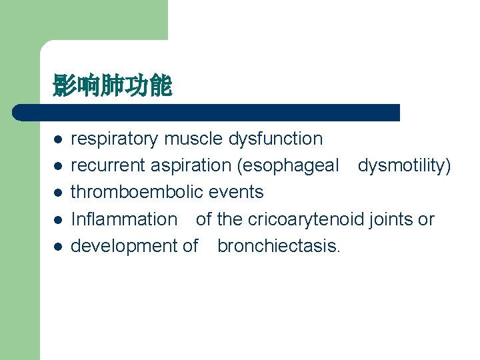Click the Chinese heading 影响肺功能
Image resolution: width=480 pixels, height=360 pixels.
[x=113, y=85]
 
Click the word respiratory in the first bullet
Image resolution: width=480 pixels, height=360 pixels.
[x=115, y=139]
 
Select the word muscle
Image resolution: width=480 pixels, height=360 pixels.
[x=194, y=139]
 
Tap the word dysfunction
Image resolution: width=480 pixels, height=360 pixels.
[x=275, y=139]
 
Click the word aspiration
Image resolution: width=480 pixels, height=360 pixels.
[x=189, y=165]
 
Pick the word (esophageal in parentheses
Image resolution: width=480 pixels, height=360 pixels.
[x=289, y=165]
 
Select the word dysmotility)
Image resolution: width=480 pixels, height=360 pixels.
[x=404, y=165]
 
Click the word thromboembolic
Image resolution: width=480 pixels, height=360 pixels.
[x=137, y=192]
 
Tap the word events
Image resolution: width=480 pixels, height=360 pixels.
[x=236, y=192]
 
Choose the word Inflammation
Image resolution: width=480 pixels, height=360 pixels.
[x=124, y=219]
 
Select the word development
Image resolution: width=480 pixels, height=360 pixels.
[x=124, y=245]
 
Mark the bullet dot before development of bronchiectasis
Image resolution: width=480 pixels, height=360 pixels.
[x=58, y=247]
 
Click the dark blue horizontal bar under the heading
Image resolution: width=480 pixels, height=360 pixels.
[x=207, y=112]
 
